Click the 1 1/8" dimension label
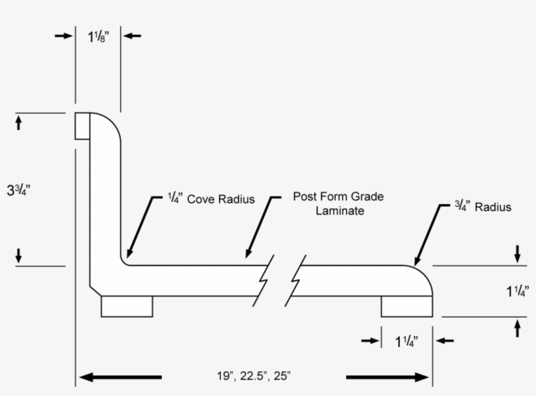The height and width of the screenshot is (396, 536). click(x=99, y=37)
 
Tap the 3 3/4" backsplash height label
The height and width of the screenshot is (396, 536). click(x=19, y=190)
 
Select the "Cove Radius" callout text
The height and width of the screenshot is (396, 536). click(x=221, y=199)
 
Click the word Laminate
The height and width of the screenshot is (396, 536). click(x=340, y=211)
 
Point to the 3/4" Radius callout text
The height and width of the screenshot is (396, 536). click(x=483, y=207)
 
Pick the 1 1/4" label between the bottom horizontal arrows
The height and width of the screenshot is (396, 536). click(x=407, y=341)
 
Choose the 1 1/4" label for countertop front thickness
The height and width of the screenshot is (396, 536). click(x=518, y=291)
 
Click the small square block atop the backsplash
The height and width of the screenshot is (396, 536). click(x=82, y=126)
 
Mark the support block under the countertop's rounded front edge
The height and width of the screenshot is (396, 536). click(x=407, y=306)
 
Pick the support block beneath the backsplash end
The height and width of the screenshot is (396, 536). click(x=127, y=306)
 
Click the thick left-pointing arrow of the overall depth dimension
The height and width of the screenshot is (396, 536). click(x=120, y=377)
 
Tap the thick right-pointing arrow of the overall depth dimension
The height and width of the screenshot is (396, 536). click(x=388, y=377)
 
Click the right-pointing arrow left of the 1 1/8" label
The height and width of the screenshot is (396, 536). click(x=63, y=35)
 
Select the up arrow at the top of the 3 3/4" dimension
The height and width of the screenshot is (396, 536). click(x=18, y=123)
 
